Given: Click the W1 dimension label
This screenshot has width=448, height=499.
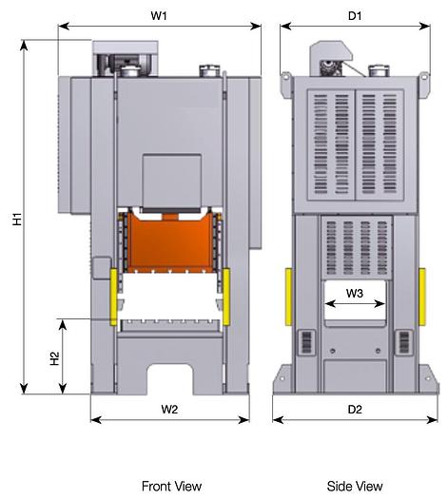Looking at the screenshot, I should coord(159,15).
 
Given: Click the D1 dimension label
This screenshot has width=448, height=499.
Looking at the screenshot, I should coord(354,15).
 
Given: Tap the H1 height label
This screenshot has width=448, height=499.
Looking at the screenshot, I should coord(17,219).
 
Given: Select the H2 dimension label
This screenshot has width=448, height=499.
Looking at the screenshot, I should coord(54,358).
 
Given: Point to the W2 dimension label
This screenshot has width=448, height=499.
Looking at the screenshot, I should coord(169,410).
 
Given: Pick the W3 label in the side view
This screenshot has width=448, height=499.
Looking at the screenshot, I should coord(354,293).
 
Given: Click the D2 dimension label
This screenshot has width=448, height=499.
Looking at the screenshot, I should coord(354,410).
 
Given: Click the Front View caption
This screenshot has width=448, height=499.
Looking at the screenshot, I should coord(171,486).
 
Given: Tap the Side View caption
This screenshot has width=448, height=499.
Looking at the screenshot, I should coord(354,486).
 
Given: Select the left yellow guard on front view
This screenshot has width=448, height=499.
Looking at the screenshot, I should coord(114,296).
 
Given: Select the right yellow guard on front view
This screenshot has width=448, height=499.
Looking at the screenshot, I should coord(227,296).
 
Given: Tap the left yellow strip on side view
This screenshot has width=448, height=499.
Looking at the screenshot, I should coord(288,295).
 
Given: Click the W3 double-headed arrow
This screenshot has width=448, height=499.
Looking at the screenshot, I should coord(354,305).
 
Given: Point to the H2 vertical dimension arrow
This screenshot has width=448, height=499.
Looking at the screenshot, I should coord(64,357).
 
